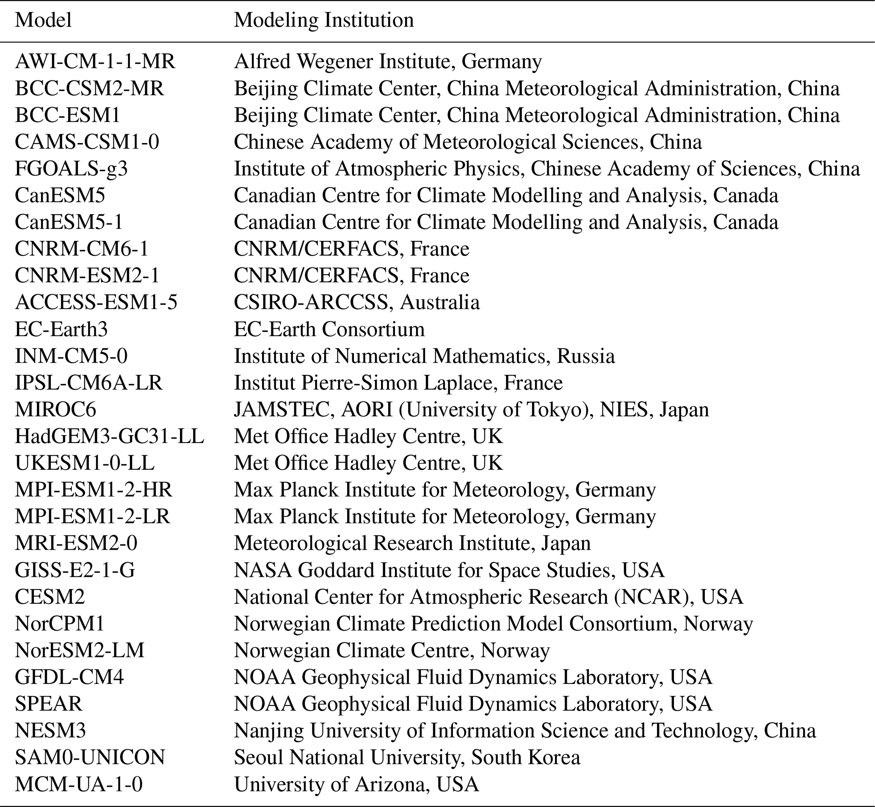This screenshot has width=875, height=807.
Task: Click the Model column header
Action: (x=43, y=20)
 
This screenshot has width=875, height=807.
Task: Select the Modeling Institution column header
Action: (x=324, y=20)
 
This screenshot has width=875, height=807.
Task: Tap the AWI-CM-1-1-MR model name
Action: (x=95, y=62)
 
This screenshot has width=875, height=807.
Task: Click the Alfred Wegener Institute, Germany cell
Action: (x=387, y=62)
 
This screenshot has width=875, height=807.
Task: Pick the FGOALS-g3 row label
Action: (x=71, y=168)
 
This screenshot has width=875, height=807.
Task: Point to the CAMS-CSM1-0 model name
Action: (x=87, y=142)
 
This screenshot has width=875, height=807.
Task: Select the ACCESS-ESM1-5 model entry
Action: (x=96, y=302)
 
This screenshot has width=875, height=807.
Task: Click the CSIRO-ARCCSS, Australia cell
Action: (x=356, y=302)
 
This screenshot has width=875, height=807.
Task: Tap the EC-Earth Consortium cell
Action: (x=329, y=329)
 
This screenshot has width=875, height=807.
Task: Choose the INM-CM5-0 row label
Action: (x=71, y=356)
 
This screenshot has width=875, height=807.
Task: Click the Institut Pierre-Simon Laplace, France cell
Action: (x=398, y=383)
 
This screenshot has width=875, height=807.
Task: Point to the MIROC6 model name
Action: (x=55, y=410)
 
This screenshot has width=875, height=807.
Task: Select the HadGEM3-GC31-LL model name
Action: (x=109, y=436)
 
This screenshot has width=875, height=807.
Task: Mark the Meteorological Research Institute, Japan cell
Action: (x=412, y=543)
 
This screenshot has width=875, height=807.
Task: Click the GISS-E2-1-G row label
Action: (x=75, y=570)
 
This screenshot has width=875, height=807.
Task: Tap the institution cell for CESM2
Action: (x=488, y=597)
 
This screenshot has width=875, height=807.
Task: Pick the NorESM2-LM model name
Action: (x=80, y=650)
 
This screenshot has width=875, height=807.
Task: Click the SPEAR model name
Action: (x=49, y=703)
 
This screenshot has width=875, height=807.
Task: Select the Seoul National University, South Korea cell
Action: (x=407, y=757)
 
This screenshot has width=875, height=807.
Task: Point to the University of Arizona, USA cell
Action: (x=356, y=784)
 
